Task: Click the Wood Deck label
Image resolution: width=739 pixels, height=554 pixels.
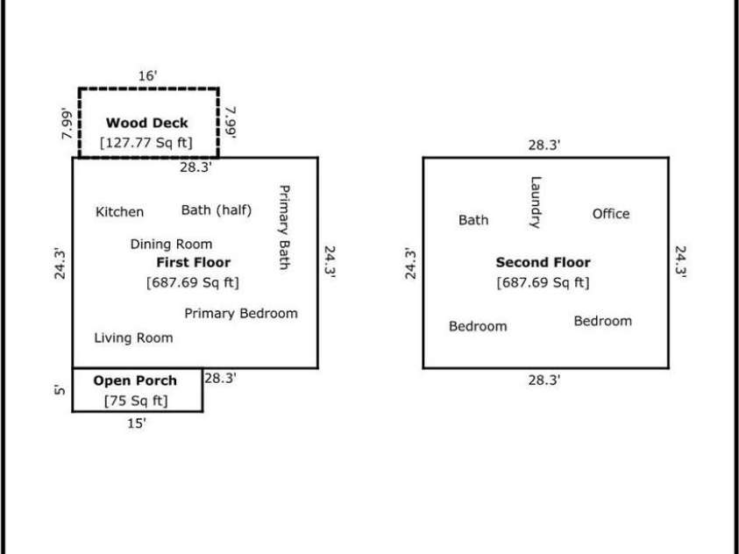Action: [146, 123]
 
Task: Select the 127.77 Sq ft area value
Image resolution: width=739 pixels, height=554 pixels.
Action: [146, 142]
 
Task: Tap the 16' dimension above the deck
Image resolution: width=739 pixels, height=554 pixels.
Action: [148, 76]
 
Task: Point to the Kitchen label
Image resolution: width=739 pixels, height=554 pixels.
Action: [120, 212]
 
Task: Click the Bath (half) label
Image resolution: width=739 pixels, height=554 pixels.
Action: [217, 210]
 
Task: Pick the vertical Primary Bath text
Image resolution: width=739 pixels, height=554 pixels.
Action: [283, 227]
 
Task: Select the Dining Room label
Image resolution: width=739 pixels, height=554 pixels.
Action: [171, 245]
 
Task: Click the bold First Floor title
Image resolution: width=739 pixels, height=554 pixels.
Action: [193, 262]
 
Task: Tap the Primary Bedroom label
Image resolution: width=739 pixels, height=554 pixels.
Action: [241, 313]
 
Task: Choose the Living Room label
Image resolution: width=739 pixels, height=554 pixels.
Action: [133, 337]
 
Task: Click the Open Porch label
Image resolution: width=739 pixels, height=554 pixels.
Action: [135, 380]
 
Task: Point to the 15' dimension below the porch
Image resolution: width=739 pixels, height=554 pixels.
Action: [137, 423]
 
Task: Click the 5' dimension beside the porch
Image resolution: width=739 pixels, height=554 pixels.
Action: [59, 390]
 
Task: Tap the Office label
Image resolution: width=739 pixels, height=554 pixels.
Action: [610, 214]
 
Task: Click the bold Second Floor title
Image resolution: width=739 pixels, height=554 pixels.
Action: [543, 262]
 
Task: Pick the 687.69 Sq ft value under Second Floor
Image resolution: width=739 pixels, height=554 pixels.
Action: [543, 282]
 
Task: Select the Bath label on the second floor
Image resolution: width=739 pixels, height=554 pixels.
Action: [473, 220]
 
